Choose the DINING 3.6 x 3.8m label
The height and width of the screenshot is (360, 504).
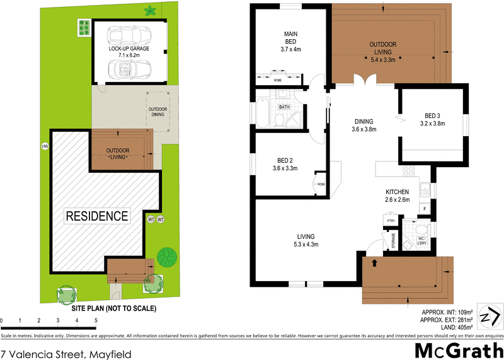coord(364,125)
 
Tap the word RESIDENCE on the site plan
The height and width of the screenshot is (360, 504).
coord(98,216)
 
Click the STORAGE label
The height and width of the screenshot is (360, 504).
coord(393,240)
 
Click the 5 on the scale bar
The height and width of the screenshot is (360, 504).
coord(96,321)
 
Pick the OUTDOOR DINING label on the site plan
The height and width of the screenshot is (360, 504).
coord(158,112)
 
